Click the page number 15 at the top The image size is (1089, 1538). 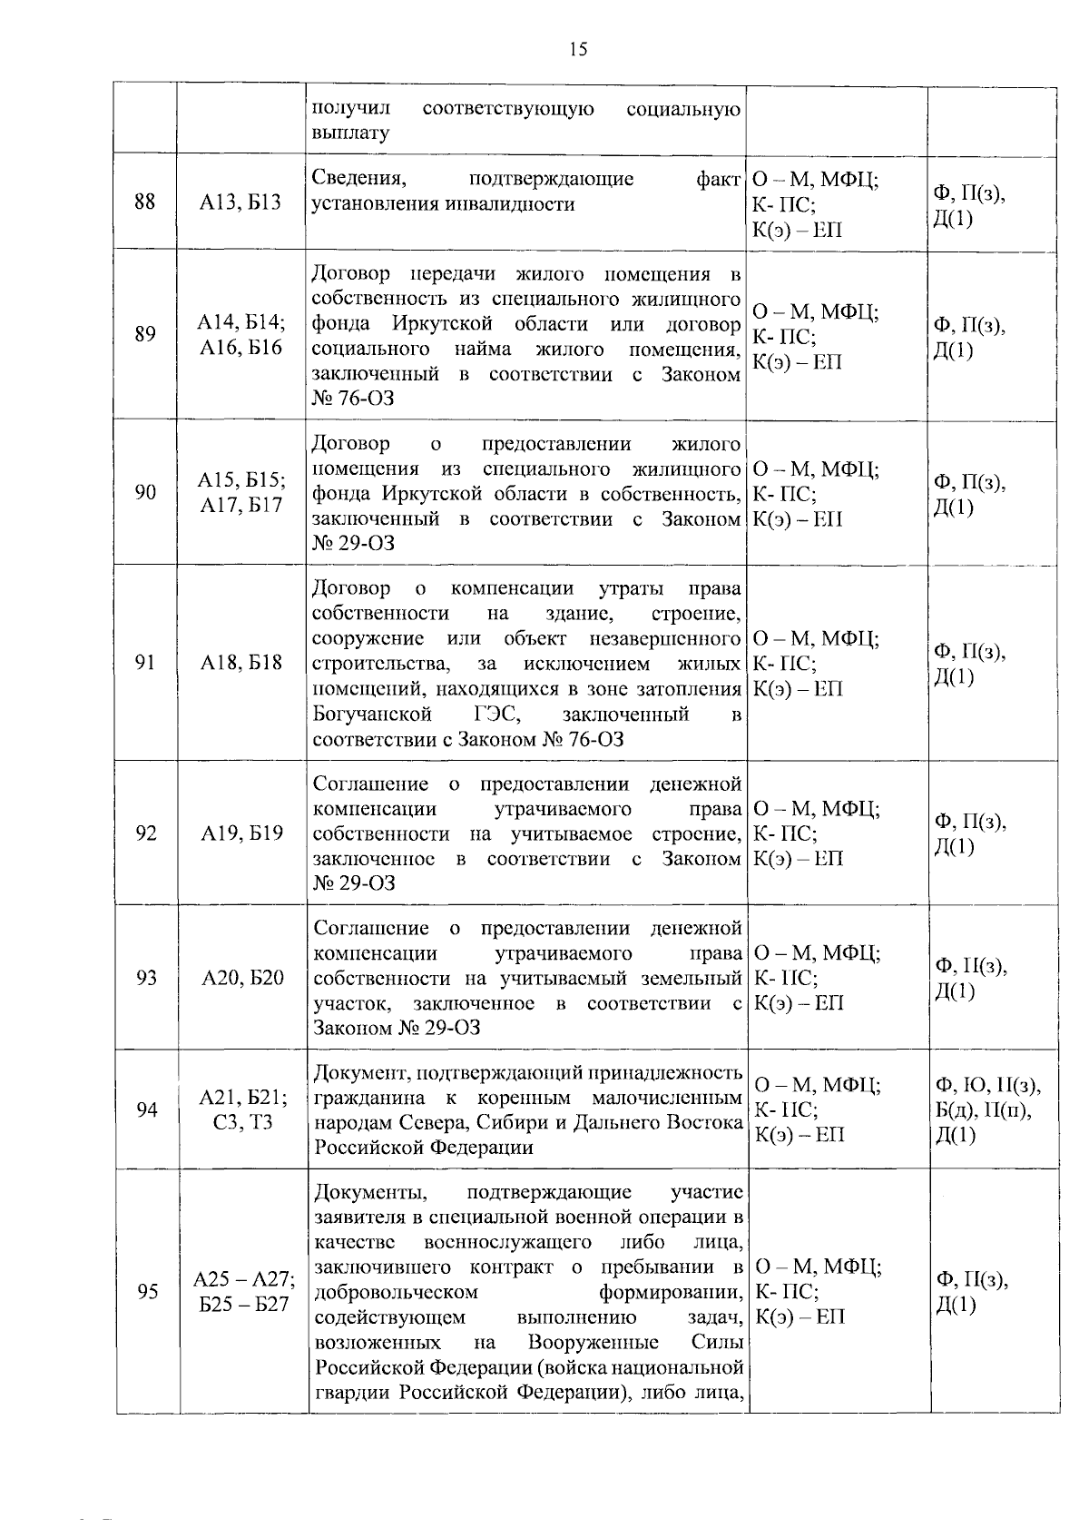point(578,50)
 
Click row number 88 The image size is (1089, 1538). point(145,202)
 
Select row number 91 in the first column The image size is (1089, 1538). point(145,663)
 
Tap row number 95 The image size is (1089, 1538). point(147,1292)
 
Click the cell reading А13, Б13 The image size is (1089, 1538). point(240,202)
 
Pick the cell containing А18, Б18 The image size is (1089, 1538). point(241,663)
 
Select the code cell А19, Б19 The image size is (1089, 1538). point(241,833)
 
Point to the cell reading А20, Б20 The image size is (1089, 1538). point(242,978)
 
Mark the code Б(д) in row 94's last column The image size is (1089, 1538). point(956,1110)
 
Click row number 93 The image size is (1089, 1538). point(146,978)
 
